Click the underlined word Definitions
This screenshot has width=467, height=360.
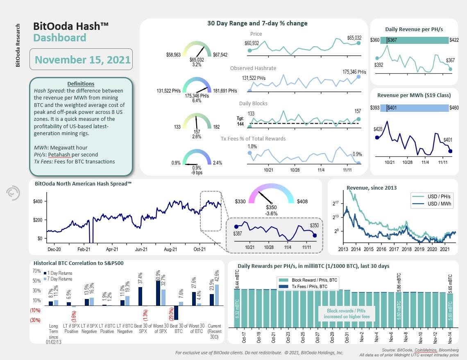[x=80, y=84]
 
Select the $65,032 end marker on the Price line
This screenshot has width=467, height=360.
[x=359, y=43]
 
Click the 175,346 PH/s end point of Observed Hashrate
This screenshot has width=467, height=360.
[x=359, y=77]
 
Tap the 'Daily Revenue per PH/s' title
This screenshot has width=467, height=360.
[x=414, y=29]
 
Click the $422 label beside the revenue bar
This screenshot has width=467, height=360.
[x=454, y=40]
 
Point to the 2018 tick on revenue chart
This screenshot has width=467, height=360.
[x=406, y=249]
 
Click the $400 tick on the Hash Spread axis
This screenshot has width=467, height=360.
[x=38, y=202]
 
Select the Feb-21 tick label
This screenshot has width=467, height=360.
[x=84, y=249]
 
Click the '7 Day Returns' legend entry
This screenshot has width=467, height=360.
[x=61, y=279]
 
